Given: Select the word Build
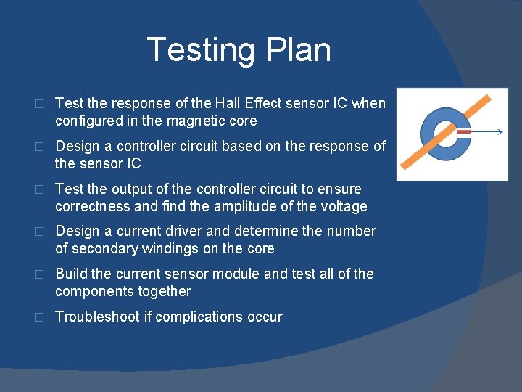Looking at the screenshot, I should (x=72, y=274).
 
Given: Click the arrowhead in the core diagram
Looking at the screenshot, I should (x=500, y=132).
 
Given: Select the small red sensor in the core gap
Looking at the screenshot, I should (x=464, y=132).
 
